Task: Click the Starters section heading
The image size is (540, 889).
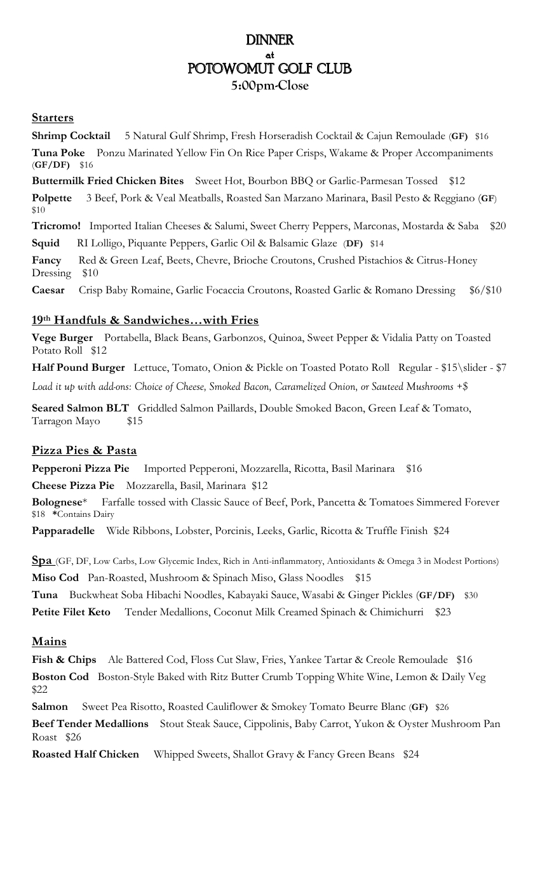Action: pyautogui.click(x=53, y=117)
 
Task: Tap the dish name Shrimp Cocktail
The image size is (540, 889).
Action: pyautogui.click(x=71, y=136)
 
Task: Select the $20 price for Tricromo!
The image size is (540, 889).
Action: pyautogui.click(x=498, y=226)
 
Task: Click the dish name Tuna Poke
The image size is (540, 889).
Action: pyautogui.click(x=58, y=153)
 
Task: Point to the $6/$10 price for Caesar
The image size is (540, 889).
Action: pyautogui.click(x=485, y=290)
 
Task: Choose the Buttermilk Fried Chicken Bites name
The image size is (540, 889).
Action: pyautogui.click(x=108, y=182)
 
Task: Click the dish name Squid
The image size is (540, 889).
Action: pyautogui.click(x=46, y=243)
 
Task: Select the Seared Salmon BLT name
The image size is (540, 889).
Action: pyautogui.click(x=81, y=408)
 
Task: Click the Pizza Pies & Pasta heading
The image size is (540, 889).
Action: pyautogui.click(x=84, y=450)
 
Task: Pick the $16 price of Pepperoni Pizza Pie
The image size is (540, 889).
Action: pyautogui.click(x=414, y=469)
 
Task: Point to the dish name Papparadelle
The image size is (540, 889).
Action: pyautogui.click(x=64, y=530)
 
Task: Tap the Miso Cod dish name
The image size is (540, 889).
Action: pyautogui.click(x=56, y=578)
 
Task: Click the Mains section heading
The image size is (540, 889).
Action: pyautogui.click(x=50, y=642)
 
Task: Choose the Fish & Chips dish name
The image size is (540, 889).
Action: pyautogui.click(x=64, y=660)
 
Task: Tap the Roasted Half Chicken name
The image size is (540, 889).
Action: pyautogui.click(x=86, y=754)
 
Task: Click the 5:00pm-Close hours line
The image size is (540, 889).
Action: pyautogui.click(x=270, y=86)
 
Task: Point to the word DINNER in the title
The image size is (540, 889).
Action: pyautogui.click(x=270, y=41)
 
